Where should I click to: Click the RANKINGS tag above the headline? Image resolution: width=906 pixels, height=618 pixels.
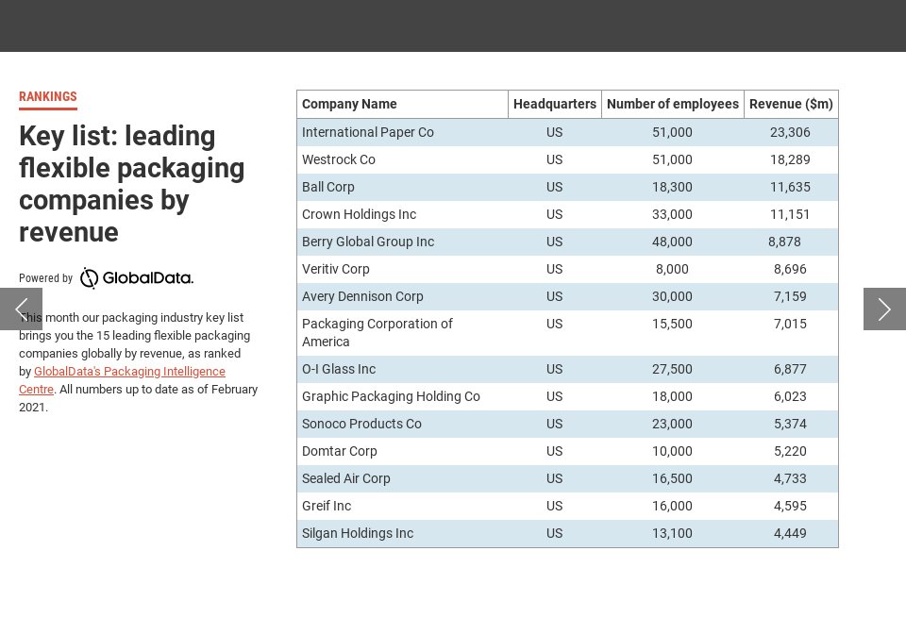pos(47,97)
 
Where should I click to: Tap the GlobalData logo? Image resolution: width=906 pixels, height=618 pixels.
pos(136,278)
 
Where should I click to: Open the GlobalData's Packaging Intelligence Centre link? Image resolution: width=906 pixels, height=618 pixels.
pos(129,372)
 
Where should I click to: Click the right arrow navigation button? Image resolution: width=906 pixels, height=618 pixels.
pos(884,309)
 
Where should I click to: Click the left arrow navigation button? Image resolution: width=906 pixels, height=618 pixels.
pos(21,309)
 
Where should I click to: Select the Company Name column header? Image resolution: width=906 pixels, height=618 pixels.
pos(349,105)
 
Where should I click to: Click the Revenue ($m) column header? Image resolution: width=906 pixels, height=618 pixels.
pos(791,105)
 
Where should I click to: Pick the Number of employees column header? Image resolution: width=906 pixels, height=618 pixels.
pos(672,105)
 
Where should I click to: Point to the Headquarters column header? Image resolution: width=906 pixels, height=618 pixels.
pos(554,105)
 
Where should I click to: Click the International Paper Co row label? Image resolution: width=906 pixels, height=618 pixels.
pos(367,132)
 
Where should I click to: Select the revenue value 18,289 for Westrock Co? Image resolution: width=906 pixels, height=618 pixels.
pos(790,159)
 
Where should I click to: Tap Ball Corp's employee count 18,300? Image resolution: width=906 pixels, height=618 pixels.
pos(672,187)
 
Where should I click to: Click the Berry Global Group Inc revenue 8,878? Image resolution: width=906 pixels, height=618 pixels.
pos(784,242)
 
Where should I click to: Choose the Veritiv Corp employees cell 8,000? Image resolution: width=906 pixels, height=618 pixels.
pos(672,269)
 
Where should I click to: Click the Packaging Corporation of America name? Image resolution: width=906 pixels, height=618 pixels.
pos(377,332)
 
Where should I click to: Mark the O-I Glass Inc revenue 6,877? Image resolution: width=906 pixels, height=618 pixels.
pos(790,369)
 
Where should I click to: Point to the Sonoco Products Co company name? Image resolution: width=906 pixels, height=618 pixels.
pos(361,424)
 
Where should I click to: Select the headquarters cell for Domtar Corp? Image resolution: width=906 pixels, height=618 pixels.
pos(554,451)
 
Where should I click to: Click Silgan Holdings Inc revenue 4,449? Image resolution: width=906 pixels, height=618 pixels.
pos(790,533)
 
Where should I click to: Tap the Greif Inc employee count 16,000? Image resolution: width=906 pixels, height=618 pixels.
pos(672,506)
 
